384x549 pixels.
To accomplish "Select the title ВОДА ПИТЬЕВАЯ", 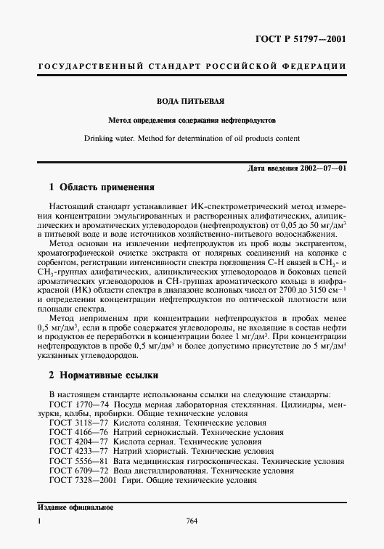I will pyautogui.click(x=192, y=100).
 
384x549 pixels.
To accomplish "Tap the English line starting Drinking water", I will pyautogui.click(x=192, y=138).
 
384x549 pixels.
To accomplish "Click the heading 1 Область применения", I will pyautogui.click(x=96, y=187).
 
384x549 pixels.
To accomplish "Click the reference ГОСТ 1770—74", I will pyautogui.click(x=77, y=402).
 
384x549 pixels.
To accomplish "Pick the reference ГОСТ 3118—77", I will pyautogui.click(x=77, y=421).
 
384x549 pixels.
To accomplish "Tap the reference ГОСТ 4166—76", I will pyautogui.click(x=77, y=431).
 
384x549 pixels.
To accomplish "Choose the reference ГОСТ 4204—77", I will pyautogui.click(x=77, y=441).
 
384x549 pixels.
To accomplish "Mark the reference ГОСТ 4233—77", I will pyautogui.click(x=77, y=450).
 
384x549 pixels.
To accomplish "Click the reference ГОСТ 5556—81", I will pyautogui.click(x=77, y=460).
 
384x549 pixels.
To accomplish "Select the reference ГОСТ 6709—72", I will pyautogui.click(x=77, y=470).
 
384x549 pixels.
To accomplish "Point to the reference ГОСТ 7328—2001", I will pyautogui.click(x=81, y=480).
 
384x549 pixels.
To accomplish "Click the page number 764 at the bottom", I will pyautogui.click(x=192, y=520).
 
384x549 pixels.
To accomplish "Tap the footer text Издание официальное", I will pyautogui.click(x=72, y=507).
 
